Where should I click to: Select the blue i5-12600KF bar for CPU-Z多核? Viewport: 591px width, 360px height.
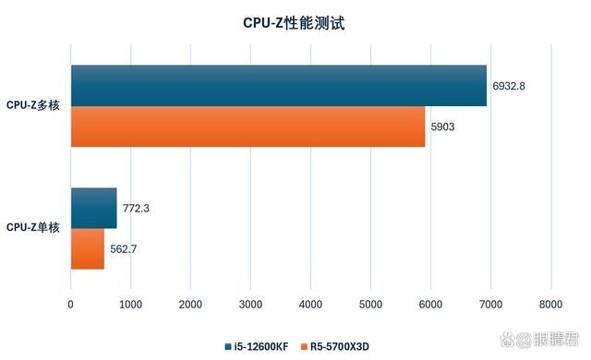[x=278, y=86]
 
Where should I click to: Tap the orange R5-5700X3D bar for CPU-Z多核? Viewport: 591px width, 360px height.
[x=247, y=126]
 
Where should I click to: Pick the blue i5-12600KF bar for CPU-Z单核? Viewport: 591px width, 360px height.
[x=93, y=208]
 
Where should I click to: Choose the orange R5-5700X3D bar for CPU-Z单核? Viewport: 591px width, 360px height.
[x=87, y=248]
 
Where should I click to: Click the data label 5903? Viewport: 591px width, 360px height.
[x=442, y=126]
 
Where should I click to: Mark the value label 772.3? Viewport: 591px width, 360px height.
[x=136, y=209]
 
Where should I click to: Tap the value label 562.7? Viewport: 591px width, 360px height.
[x=123, y=248]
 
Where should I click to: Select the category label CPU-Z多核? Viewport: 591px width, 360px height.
[x=33, y=106]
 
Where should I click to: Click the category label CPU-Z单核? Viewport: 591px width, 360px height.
[x=33, y=227]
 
